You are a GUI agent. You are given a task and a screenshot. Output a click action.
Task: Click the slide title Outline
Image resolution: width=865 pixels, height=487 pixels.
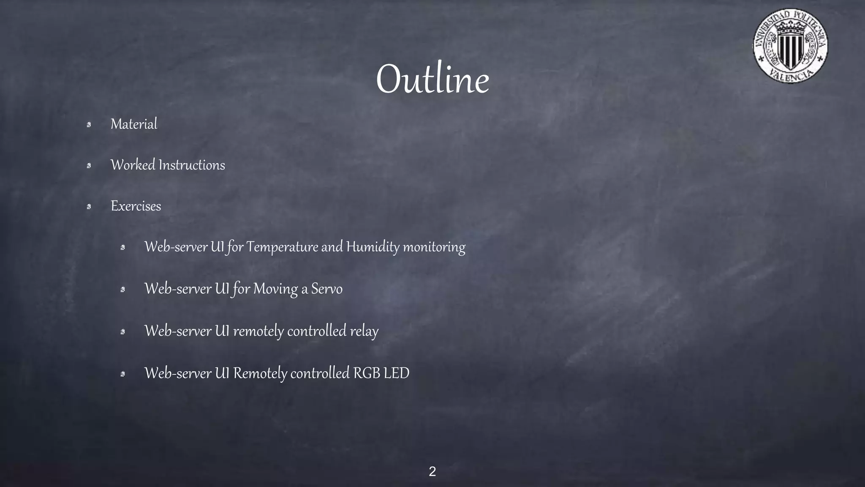(x=432, y=79)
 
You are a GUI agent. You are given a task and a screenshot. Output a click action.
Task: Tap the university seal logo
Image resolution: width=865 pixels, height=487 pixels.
(x=790, y=46)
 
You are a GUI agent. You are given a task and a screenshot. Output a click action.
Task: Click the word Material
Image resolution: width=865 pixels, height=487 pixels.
(x=134, y=124)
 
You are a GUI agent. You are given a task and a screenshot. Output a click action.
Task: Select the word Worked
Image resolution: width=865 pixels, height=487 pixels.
(x=133, y=165)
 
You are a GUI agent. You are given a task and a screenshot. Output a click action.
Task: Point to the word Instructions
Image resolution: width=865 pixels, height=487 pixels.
(x=192, y=165)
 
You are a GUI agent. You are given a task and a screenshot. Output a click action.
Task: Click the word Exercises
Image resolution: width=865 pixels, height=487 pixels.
(x=136, y=206)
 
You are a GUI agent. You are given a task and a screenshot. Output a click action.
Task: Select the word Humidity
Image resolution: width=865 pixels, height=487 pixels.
(x=373, y=247)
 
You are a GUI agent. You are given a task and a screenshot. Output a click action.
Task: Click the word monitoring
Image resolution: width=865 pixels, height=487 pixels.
(x=434, y=247)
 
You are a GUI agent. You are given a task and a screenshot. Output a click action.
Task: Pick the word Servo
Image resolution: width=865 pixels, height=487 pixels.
(x=326, y=289)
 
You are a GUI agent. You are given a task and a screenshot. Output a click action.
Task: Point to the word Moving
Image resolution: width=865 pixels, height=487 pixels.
(x=275, y=289)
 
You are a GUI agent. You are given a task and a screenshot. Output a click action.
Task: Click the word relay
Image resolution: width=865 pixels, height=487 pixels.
(x=364, y=331)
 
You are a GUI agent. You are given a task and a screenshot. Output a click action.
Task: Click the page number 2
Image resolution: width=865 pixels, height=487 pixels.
(x=432, y=471)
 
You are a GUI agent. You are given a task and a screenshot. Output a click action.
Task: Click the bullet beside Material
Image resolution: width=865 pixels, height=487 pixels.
(x=89, y=124)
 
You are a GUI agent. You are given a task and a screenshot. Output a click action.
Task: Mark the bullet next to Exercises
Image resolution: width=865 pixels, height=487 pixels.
(x=89, y=206)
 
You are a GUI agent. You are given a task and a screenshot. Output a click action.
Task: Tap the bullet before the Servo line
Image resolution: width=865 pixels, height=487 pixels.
(x=122, y=290)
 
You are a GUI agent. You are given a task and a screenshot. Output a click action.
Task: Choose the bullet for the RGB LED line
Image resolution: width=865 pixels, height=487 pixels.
(x=122, y=374)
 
